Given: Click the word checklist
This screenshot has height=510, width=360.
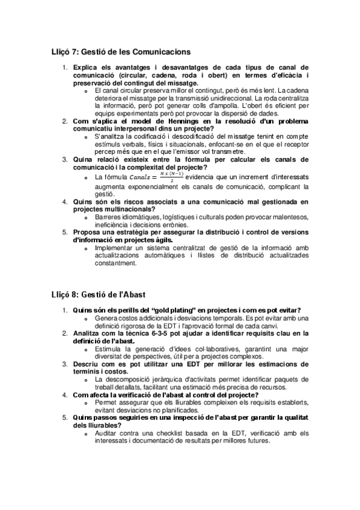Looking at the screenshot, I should [x=168, y=433].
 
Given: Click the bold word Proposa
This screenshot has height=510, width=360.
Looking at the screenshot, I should [x=90, y=232].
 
